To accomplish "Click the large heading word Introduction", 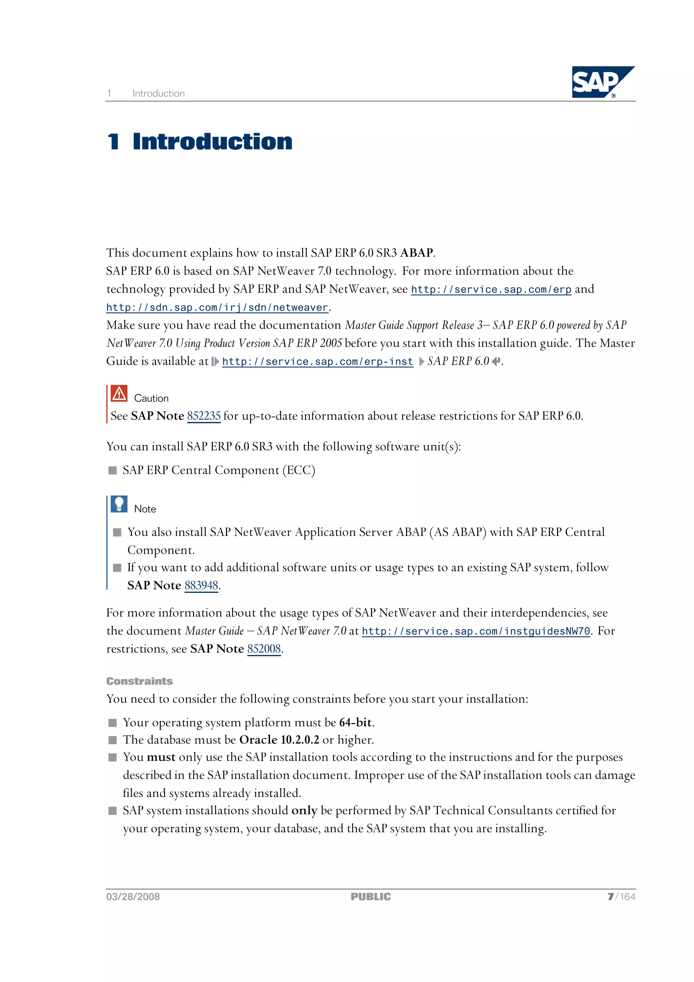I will point(212,142).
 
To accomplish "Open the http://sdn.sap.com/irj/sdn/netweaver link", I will point(217,307).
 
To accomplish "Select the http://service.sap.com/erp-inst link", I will point(317,362).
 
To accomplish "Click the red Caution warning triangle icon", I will point(119,394).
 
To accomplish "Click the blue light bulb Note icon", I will point(119,504).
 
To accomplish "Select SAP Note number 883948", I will point(201,585).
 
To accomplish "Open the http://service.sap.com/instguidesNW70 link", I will point(475,631).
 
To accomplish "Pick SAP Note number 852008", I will point(264,649).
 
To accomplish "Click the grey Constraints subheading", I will point(139,681).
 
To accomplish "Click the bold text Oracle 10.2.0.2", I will point(279,740).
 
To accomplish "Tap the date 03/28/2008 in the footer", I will point(133,897).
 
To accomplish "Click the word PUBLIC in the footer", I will point(370,897).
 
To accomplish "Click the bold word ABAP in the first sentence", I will point(416,253).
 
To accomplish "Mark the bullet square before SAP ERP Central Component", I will point(113,470).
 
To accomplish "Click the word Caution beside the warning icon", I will point(151,399).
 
